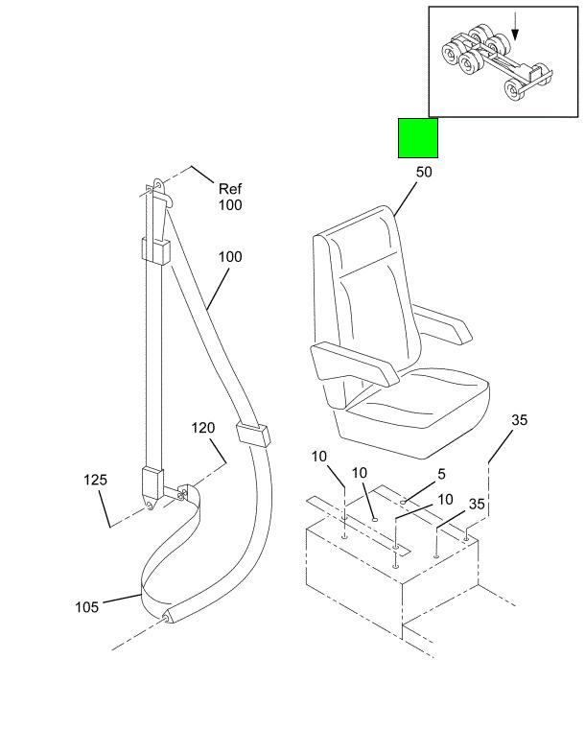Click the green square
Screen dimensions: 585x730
(x=417, y=138)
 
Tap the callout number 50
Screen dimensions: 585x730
(x=424, y=173)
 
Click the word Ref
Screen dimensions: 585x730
(x=230, y=189)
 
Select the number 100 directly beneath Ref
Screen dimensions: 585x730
(x=230, y=205)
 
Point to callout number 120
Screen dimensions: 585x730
(x=203, y=428)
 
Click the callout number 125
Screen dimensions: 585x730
(x=95, y=480)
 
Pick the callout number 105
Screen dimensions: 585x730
(x=87, y=607)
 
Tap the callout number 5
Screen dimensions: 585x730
(x=441, y=474)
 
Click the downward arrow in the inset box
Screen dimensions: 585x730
(x=514, y=26)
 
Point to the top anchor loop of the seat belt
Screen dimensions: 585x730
(x=158, y=185)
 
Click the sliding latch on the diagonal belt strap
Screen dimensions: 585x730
(x=253, y=434)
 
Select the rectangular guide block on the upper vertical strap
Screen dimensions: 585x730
(x=155, y=251)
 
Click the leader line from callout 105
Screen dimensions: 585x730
(x=122, y=599)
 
